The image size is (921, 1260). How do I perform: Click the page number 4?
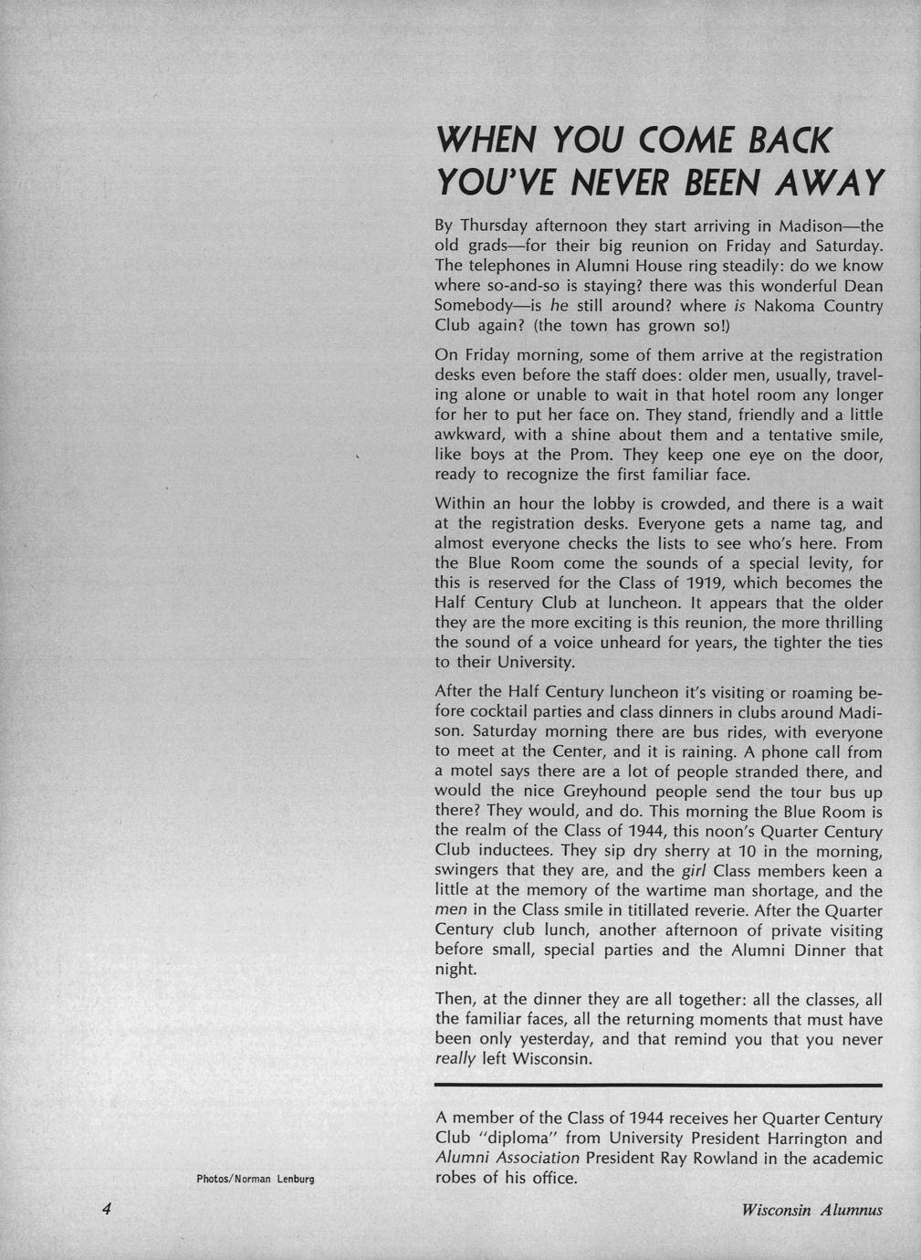coord(107,1209)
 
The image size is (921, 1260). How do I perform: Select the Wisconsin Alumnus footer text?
coord(812,1210)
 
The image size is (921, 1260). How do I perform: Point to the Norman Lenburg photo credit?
coord(256,1179)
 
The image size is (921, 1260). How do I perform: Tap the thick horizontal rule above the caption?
coord(659,1085)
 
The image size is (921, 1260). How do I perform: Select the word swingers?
coord(471,871)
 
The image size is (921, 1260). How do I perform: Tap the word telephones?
coord(518,266)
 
